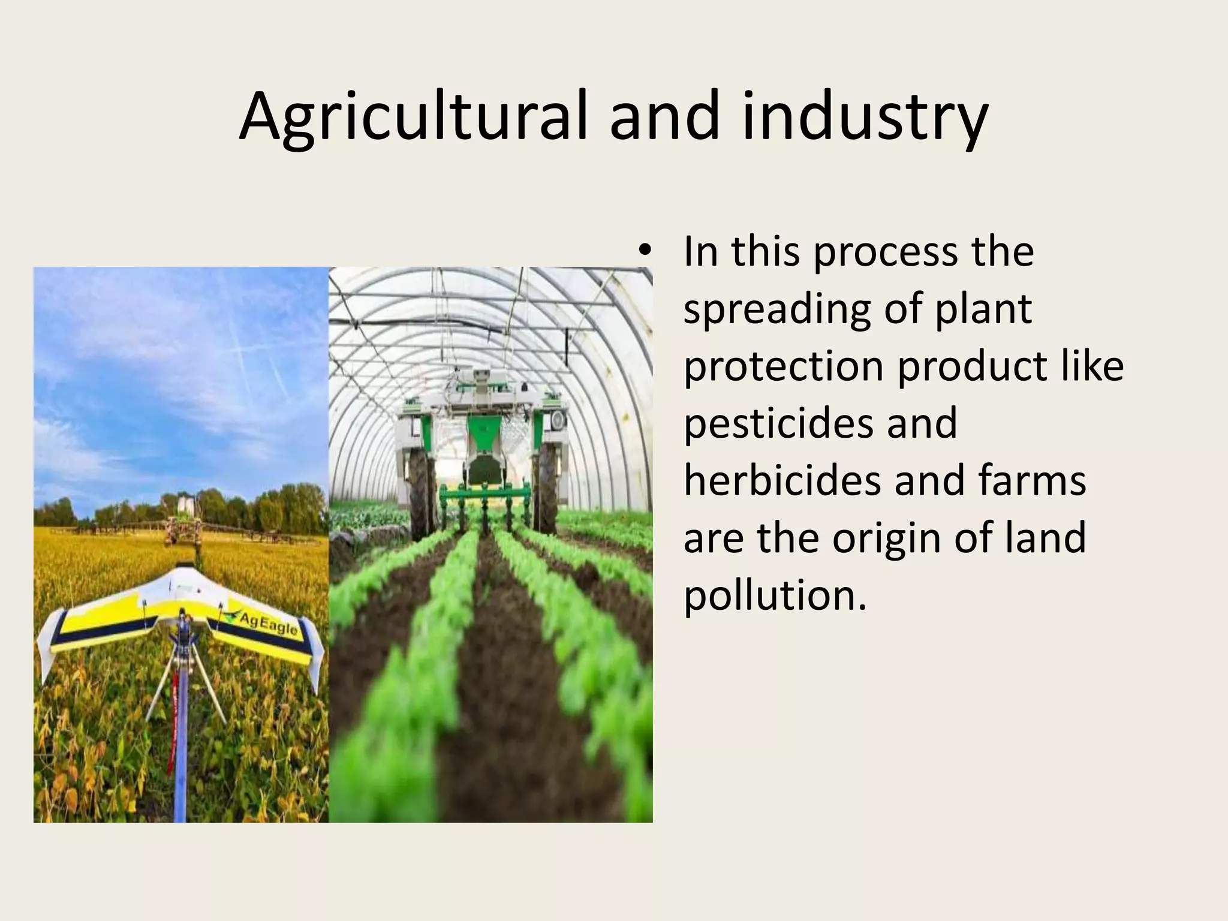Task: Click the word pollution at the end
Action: click(x=775, y=595)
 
